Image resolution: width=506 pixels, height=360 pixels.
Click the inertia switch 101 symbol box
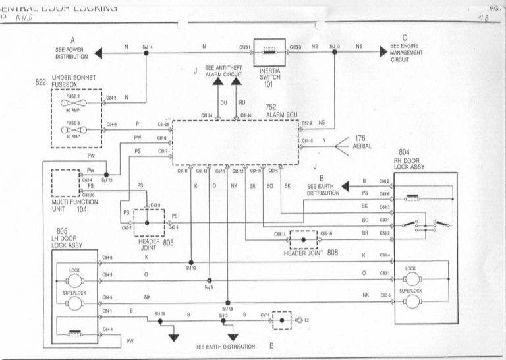(x=271, y=49)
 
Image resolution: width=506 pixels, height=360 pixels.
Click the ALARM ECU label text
(x=280, y=115)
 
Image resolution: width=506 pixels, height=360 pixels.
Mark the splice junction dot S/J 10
(x=191, y=262)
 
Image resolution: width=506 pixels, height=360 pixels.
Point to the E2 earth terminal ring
(x=299, y=320)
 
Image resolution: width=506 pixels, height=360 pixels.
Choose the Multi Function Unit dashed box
(x=65, y=183)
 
